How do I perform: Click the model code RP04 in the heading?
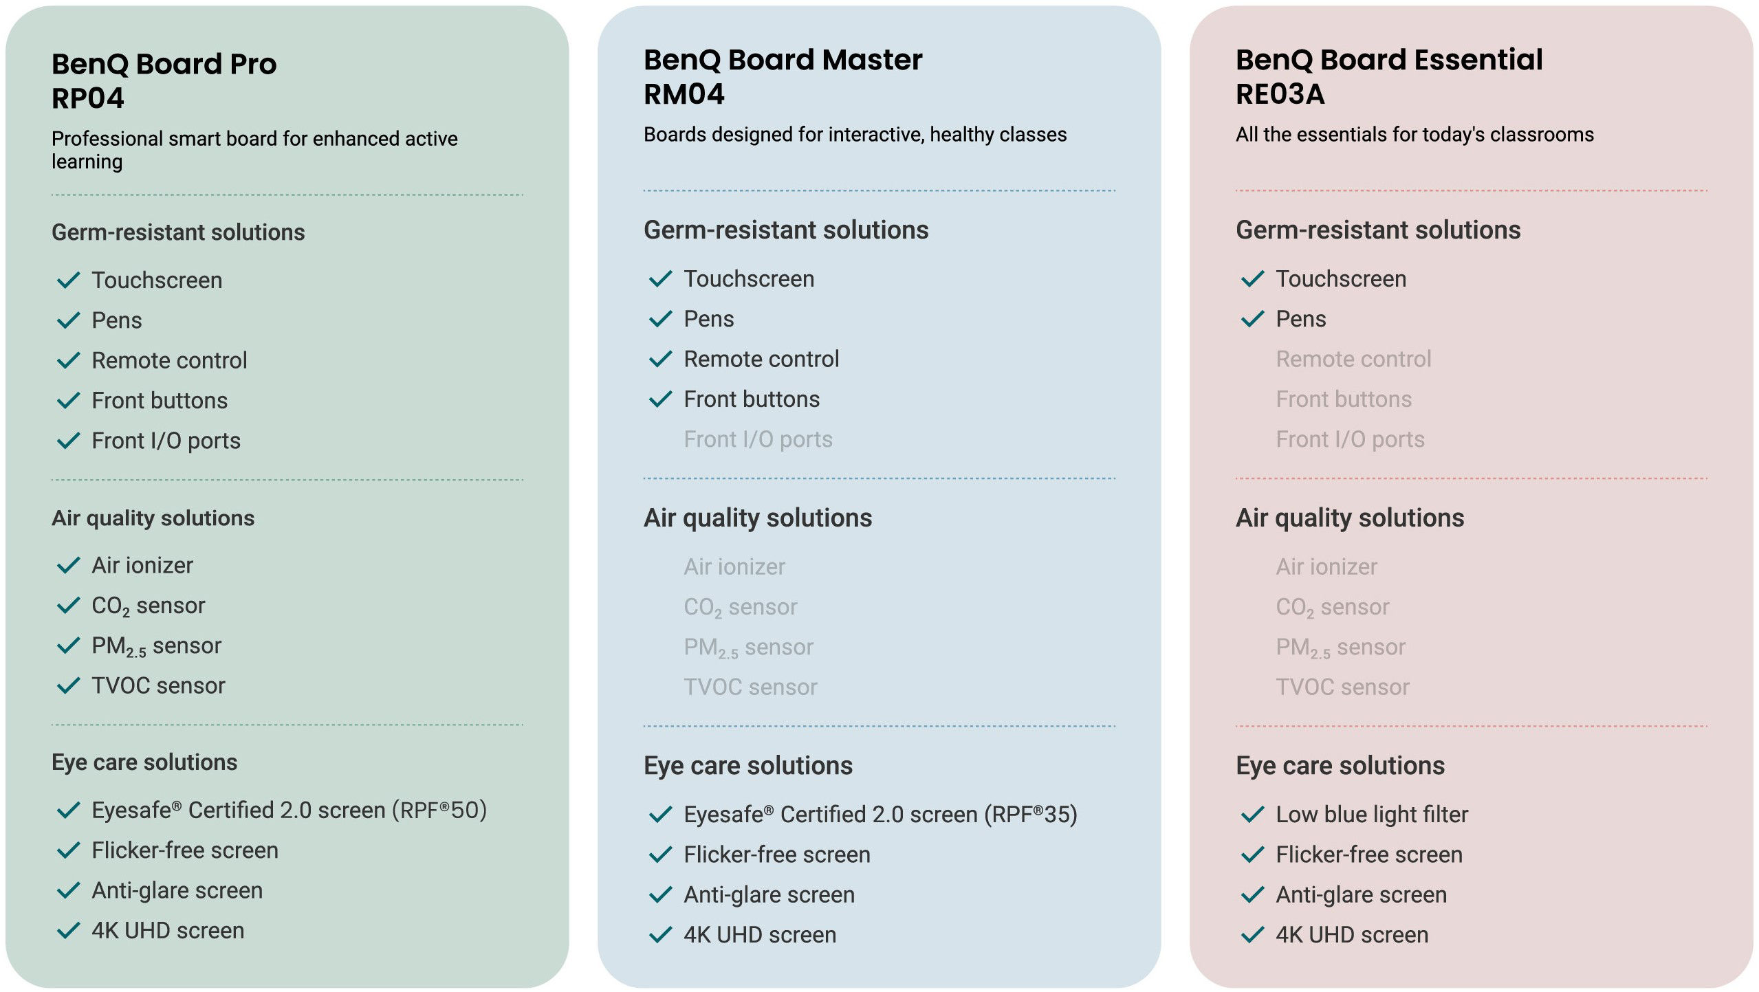click(88, 98)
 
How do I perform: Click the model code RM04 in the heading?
click(684, 94)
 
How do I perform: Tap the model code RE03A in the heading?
click(1280, 94)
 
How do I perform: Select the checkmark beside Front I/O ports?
click(69, 441)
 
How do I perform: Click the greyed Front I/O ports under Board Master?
click(758, 439)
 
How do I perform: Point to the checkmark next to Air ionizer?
click(69, 565)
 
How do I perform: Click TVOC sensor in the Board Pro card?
click(158, 685)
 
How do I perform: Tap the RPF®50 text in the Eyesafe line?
click(439, 811)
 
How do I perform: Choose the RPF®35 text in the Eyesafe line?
click(1031, 815)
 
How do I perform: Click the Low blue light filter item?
click(1372, 815)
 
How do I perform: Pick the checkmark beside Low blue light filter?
click(1252, 815)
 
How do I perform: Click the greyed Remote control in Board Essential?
click(1353, 359)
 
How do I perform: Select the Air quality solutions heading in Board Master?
click(758, 518)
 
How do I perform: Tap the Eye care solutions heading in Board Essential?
click(1340, 766)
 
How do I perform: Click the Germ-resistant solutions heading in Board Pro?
click(178, 232)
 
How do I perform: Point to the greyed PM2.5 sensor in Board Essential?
click(1340, 648)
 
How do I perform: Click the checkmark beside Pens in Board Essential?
click(1252, 319)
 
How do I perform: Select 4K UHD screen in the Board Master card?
click(760, 935)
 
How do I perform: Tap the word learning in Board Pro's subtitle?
click(87, 162)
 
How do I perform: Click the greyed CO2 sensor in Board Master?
click(740, 608)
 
